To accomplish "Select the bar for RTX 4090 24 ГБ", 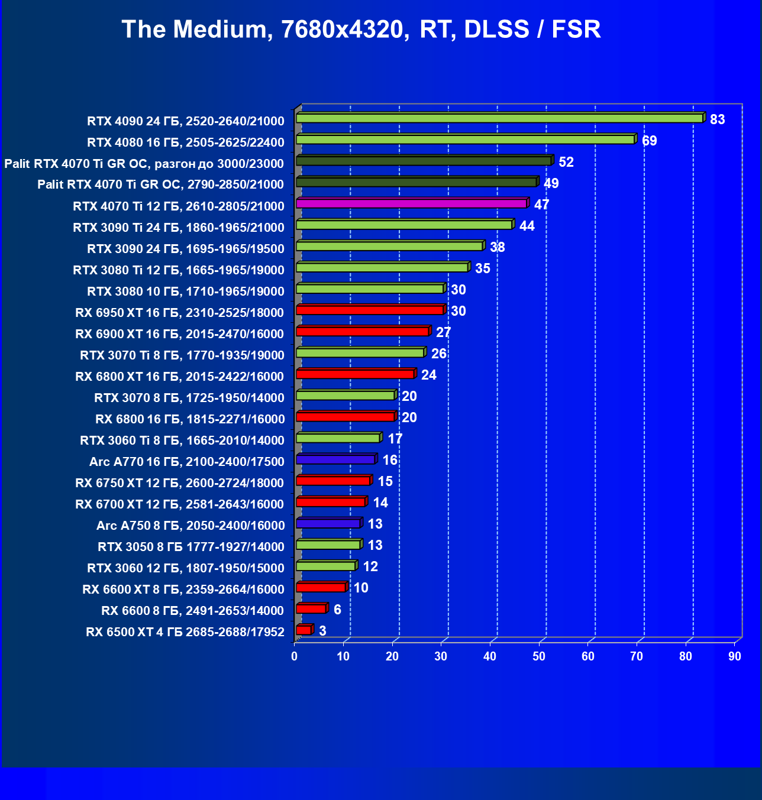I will (x=499, y=118).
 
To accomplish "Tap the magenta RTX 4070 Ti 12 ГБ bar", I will (x=411, y=203).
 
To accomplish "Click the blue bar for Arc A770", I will (x=335, y=459).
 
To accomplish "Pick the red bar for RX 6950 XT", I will (x=370, y=310).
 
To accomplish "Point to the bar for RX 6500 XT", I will (x=303, y=630).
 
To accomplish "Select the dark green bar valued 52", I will (x=424, y=161).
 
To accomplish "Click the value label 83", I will (x=717, y=119).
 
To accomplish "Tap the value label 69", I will (x=649, y=141).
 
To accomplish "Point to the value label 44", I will (x=527, y=226).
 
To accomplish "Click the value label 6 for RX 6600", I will (x=337, y=610).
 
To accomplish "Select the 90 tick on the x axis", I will (x=734, y=656).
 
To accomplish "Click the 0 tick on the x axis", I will (x=295, y=656).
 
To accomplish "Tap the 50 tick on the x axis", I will (x=539, y=656).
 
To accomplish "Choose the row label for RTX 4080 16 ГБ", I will (x=185, y=142).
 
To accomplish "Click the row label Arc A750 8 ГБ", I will (x=190, y=526).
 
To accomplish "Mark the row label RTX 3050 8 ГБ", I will (x=190, y=547).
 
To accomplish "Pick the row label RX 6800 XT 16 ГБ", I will (x=179, y=377).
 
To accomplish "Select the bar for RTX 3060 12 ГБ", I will (x=326, y=566).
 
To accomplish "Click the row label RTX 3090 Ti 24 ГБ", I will (x=178, y=228).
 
